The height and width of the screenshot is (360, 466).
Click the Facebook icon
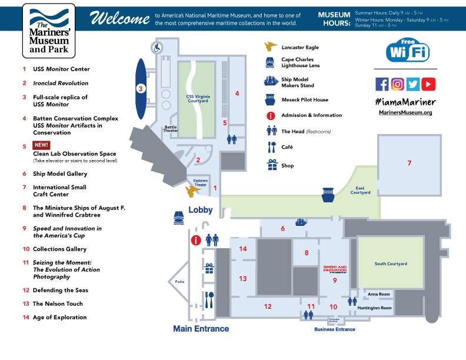click(382, 84)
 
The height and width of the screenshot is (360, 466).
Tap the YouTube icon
click(428, 84)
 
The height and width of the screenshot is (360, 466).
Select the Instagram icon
click(398, 84)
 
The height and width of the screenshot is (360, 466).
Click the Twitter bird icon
click(413, 84)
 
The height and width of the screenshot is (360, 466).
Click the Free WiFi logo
click(408, 51)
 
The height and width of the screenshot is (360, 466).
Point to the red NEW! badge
click(42, 145)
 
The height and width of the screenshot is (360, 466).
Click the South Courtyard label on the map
click(391, 264)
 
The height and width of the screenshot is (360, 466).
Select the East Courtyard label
click(361, 191)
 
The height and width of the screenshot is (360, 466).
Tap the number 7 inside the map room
click(409, 163)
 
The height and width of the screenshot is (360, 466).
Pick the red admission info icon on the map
click(197, 240)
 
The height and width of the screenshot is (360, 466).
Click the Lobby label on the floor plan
click(200, 210)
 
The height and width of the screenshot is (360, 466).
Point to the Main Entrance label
click(201, 329)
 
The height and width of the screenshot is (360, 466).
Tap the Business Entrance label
click(335, 329)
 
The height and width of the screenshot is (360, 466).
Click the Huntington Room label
click(379, 308)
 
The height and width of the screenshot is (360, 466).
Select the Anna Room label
click(379, 294)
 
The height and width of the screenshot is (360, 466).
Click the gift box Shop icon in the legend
click(271, 165)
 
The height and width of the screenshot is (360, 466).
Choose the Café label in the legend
click(287, 147)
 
